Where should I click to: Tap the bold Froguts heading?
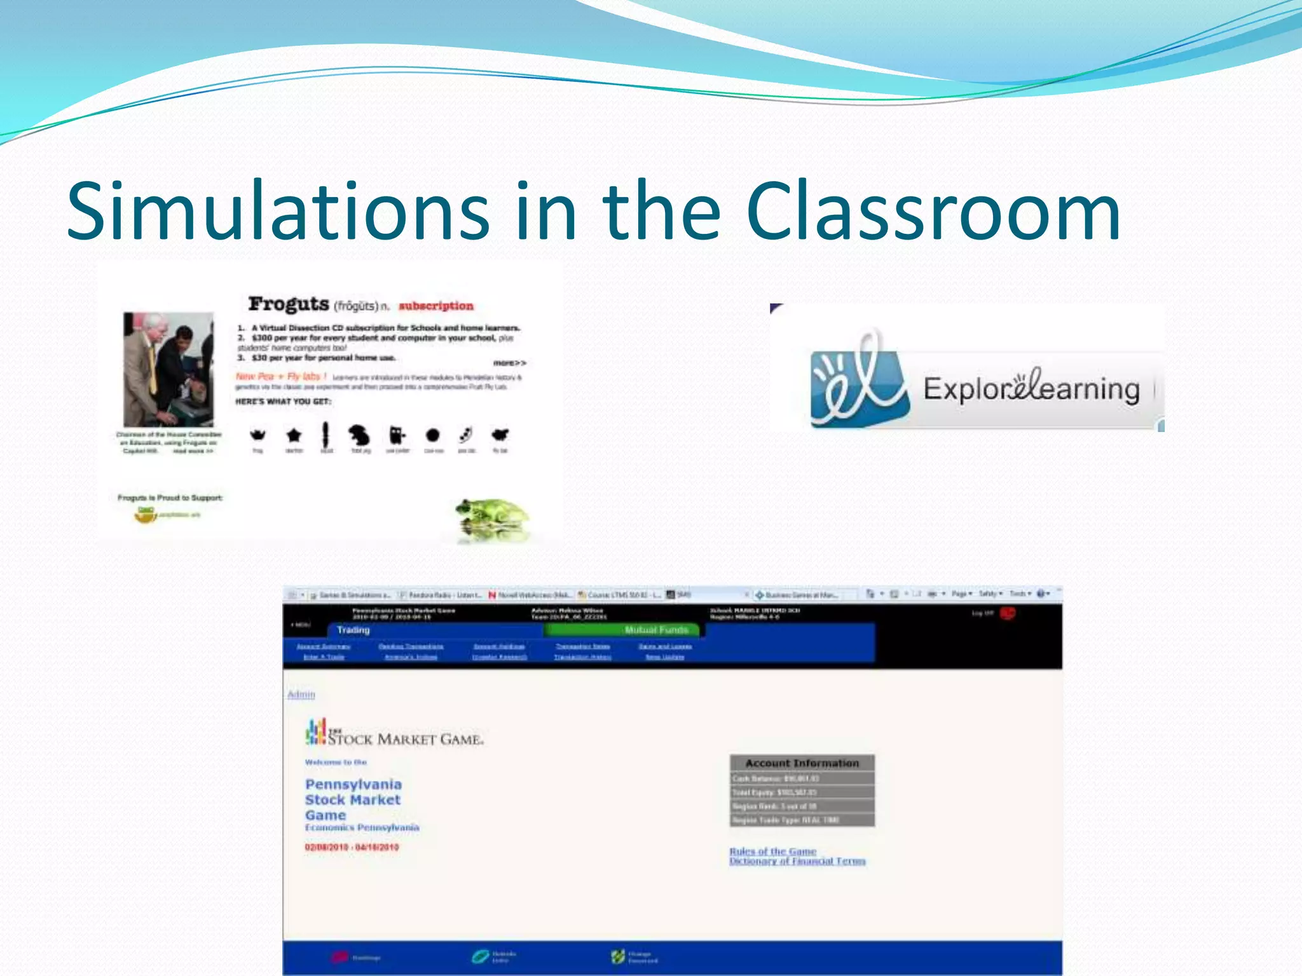[x=289, y=304]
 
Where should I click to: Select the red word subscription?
[x=436, y=306]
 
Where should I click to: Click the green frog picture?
[x=493, y=515]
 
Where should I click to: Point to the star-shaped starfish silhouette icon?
[x=294, y=435]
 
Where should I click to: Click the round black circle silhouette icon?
[x=433, y=435]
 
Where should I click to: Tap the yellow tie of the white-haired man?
[x=153, y=368]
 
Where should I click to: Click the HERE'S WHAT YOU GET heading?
[x=284, y=402]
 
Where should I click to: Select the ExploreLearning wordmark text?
[x=1031, y=388]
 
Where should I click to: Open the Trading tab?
[x=353, y=630]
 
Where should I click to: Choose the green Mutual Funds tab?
[x=656, y=630]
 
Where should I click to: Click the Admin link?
[x=301, y=695]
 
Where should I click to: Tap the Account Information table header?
[x=802, y=762]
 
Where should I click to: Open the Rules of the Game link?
[x=772, y=851]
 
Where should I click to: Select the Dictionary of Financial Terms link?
[x=797, y=861]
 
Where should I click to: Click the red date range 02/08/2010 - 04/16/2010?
[x=352, y=847]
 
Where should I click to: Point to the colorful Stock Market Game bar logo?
[x=316, y=731]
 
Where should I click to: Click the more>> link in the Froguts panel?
[x=510, y=363]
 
